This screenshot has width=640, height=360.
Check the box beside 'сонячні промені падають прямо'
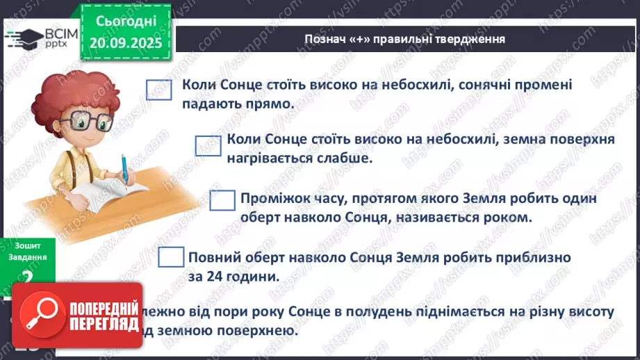click(159, 90)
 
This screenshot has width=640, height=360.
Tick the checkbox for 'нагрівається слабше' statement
click(208, 145)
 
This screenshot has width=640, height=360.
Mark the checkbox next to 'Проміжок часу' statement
click(222, 200)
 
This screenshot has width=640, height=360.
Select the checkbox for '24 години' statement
click(170, 257)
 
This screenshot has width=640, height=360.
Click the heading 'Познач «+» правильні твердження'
click(404, 39)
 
